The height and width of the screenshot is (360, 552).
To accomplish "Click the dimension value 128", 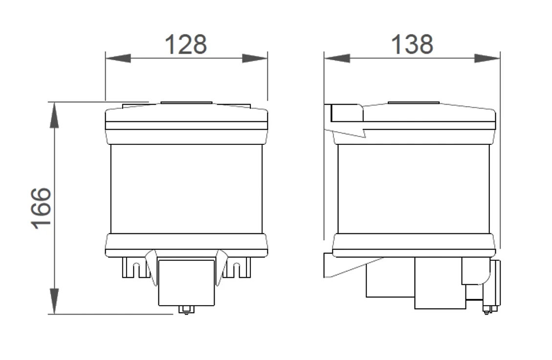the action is point(185,45).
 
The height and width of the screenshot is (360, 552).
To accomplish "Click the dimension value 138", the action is point(412,45).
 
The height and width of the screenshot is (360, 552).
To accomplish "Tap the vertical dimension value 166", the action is point(41,208).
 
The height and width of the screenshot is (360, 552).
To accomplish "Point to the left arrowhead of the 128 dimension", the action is point(118,59).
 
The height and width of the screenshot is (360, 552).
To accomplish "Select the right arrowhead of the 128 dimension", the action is point(255,59).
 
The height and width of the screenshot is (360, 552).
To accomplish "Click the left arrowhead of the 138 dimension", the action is point(337,59).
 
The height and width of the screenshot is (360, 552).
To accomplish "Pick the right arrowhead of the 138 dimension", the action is point(487,59).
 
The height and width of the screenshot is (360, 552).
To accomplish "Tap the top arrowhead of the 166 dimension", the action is point(54,115).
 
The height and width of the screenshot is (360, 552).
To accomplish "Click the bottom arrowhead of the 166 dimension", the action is point(54,301).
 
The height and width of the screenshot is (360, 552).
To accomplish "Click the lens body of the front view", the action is point(186,189).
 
